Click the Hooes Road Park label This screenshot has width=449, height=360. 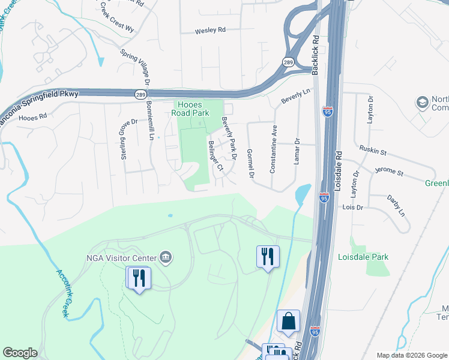190,108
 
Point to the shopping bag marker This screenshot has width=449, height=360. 289,322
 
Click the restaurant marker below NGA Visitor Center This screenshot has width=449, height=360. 139,278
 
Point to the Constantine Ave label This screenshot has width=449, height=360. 273,149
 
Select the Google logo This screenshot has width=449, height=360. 20,353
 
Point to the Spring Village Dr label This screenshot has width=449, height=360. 133,64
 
